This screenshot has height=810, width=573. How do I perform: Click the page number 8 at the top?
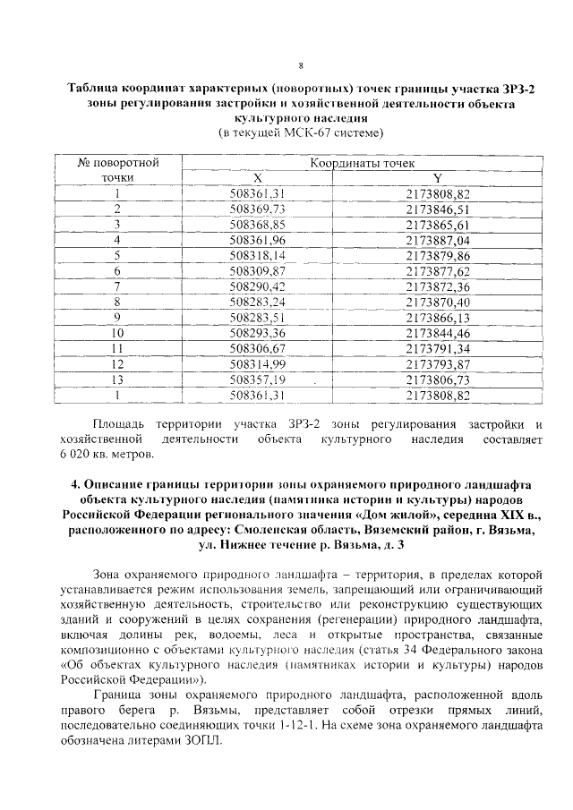301,65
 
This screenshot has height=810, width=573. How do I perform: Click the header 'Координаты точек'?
362,163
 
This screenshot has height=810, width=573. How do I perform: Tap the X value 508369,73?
257,209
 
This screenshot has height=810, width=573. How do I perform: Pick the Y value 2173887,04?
438,240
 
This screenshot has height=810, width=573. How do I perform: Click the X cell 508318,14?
257,255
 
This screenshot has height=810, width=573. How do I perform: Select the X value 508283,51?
257,317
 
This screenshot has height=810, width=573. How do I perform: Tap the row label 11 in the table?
117,348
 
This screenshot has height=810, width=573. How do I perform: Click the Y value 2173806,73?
438,379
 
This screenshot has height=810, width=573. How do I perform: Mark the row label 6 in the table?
117,270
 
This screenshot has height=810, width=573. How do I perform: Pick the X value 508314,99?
257,363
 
